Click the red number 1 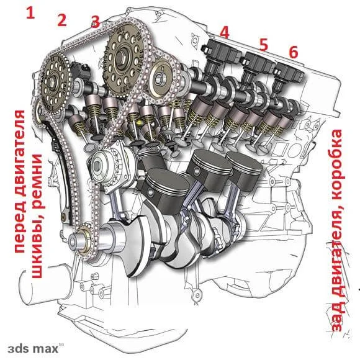pyautogui.click(x=30, y=12)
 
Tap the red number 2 pyautogui.click(x=62, y=20)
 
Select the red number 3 pyautogui.click(x=96, y=22)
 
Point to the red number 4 pyautogui.click(x=224, y=32)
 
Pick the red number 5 pyautogui.click(x=264, y=45)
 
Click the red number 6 pyautogui.click(x=294, y=52)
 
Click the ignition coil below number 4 pyautogui.click(x=220, y=56)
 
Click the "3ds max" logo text pyautogui.click(x=33, y=349)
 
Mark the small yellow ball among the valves pyautogui.click(x=139, y=122)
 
